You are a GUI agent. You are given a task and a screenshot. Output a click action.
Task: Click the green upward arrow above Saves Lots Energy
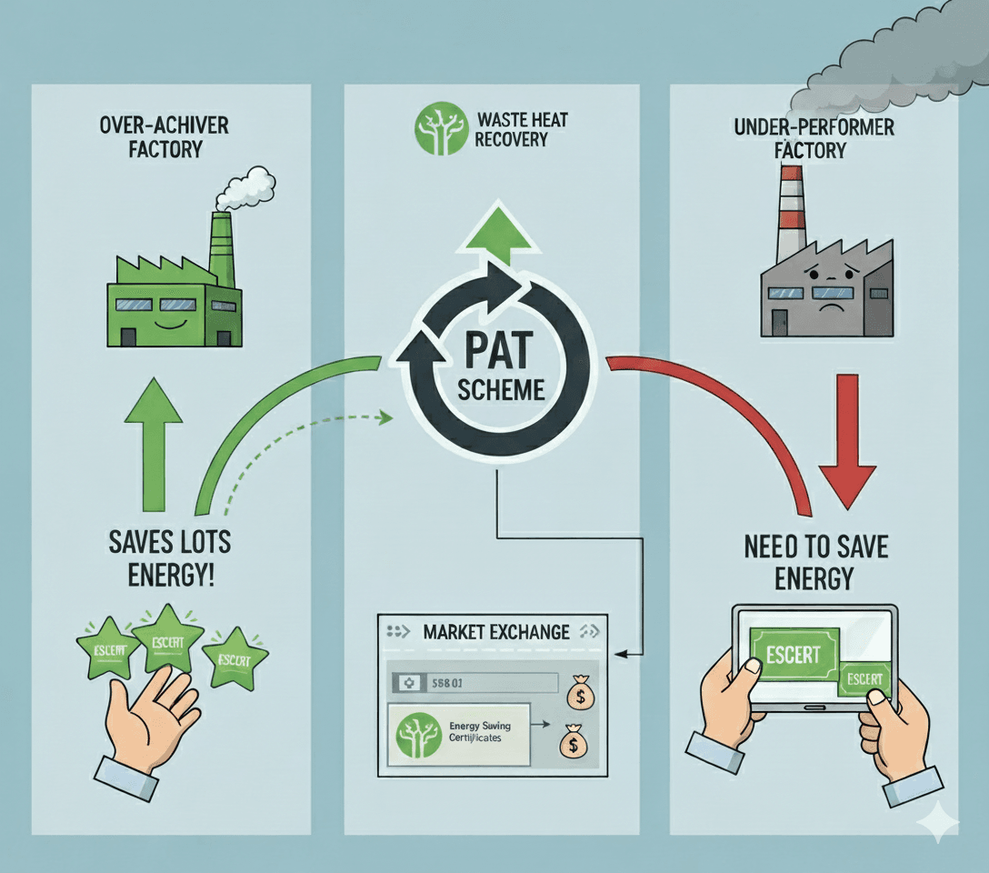pos(154,442)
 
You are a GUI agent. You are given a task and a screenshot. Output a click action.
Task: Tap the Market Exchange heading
pos(497,631)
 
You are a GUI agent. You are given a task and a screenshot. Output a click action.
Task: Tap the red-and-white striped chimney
pos(791,214)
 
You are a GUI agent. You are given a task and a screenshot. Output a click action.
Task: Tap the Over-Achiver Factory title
pos(165,135)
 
